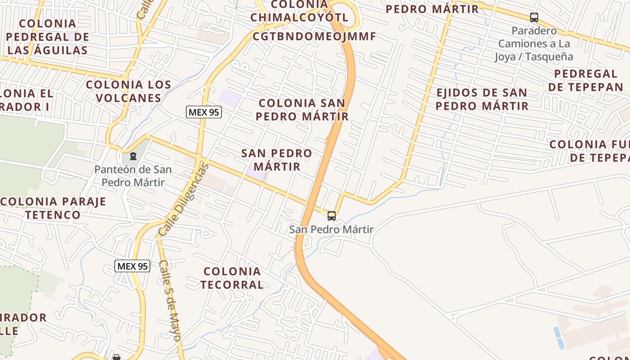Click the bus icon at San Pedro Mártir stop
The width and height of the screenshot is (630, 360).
pyautogui.click(x=332, y=216)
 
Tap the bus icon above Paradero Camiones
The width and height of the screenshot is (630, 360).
pyautogui.click(x=534, y=18)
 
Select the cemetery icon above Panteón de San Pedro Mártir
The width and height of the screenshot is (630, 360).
pyautogui.click(x=133, y=157)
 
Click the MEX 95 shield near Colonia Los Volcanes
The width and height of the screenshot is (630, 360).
pyautogui.click(x=204, y=112)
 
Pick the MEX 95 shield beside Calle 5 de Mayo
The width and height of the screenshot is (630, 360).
pyautogui.click(x=132, y=266)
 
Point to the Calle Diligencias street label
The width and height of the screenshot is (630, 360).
pyautogui.click(x=184, y=200)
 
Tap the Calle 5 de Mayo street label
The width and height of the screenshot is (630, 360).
pyautogui.click(x=170, y=300)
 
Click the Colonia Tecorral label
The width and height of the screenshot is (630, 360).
pyautogui.click(x=232, y=278)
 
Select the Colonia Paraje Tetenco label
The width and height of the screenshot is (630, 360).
pyautogui.click(x=53, y=208)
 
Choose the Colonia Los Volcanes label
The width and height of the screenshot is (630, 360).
pyautogui.click(x=129, y=91)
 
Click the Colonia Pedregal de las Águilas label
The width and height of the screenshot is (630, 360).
pyautogui.click(x=48, y=36)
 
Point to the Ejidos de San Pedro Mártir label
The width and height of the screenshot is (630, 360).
pyautogui.click(x=482, y=99)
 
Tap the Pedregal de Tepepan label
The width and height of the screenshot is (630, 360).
pyautogui.click(x=585, y=80)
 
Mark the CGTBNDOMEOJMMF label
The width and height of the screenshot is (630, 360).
pyautogui.click(x=314, y=36)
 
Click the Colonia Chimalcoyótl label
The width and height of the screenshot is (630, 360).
pyautogui.click(x=300, y=11)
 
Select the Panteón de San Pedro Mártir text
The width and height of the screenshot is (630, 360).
pyautogui.click(x=133, y=176)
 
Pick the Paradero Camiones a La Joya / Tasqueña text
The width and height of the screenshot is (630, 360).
pyautogui.click(x=534, y=44)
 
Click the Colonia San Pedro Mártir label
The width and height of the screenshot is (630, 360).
pyautogui.click(x=302, y=109)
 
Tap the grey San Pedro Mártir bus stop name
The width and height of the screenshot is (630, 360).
pyautogui.click(x=331, y=229)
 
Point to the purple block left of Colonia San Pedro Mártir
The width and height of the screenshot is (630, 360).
pyautogui.click(x=230, y=99)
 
